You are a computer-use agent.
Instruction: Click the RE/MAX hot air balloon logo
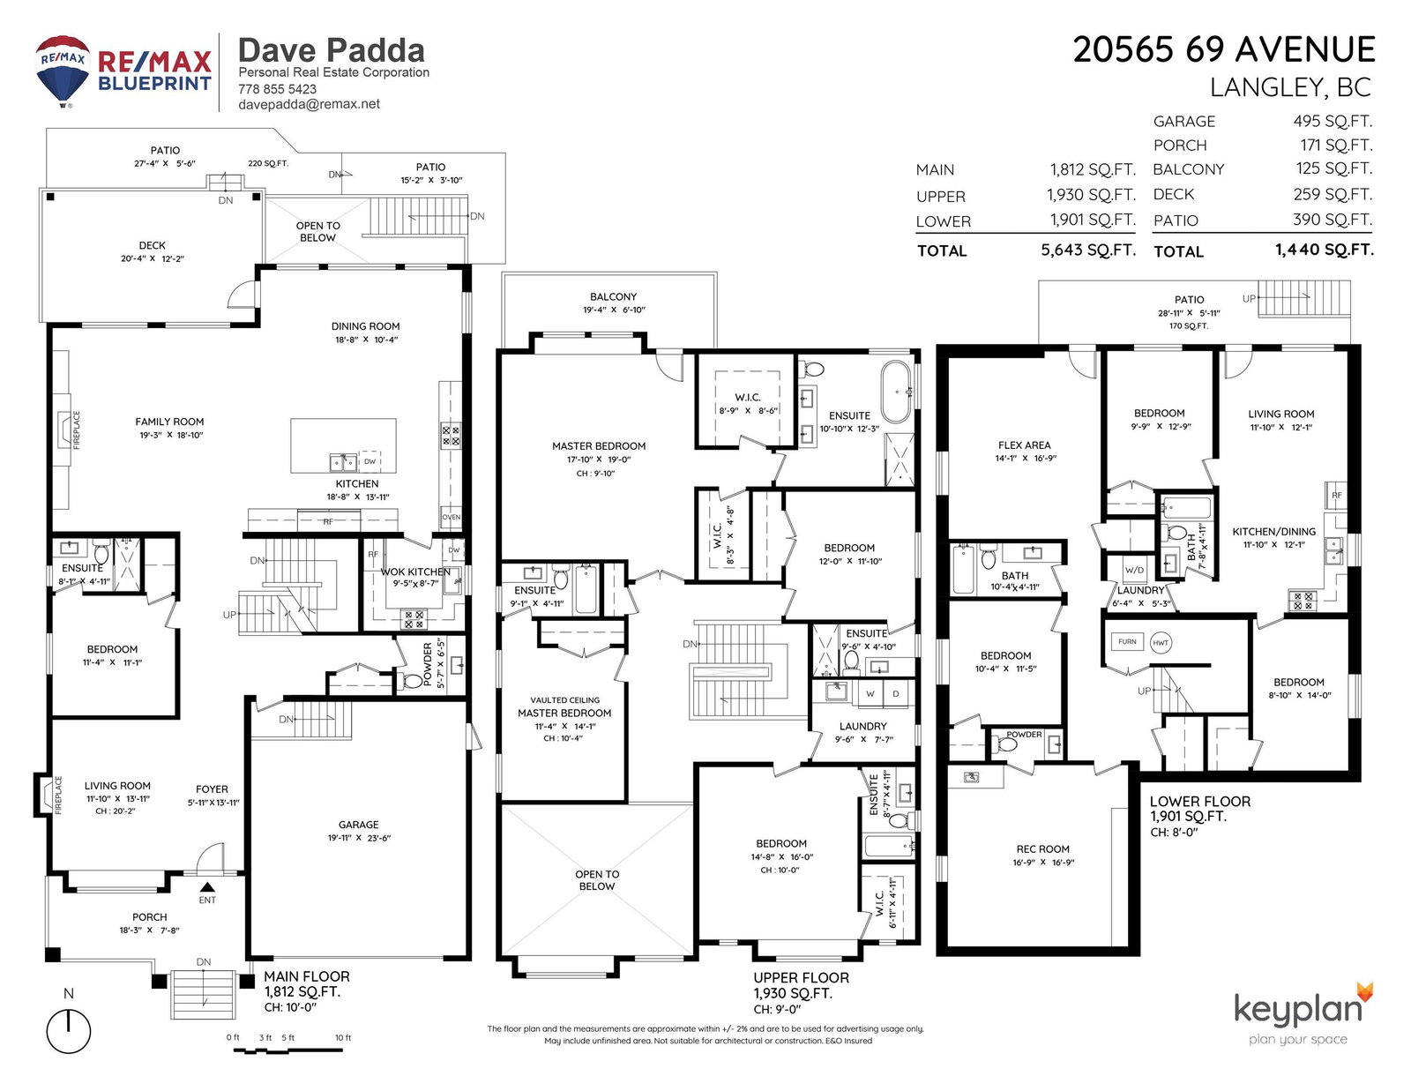63,71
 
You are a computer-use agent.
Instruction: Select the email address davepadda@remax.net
309,104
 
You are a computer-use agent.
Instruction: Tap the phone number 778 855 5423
277,89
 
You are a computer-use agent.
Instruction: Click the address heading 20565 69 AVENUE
1224,49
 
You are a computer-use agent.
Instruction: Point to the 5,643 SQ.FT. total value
1088,250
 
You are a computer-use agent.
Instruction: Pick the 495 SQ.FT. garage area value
1333,122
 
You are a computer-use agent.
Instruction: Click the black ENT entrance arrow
207,887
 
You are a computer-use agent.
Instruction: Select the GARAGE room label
358,824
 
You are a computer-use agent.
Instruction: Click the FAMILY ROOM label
169,422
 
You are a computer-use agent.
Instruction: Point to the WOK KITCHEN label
415,572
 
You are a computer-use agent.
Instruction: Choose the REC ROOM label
1043,848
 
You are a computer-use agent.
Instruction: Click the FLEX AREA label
1024,445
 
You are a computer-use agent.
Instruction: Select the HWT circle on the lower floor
1161,643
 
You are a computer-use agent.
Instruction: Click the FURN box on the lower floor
1127,641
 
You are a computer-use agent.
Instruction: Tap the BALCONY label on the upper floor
613,296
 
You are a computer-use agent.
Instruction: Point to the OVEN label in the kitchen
452,517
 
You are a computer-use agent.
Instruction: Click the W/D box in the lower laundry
1134,570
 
